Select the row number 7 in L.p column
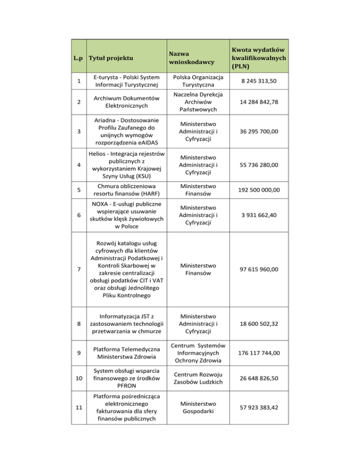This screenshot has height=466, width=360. [79, 269]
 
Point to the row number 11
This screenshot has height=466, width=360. [79, 408]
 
